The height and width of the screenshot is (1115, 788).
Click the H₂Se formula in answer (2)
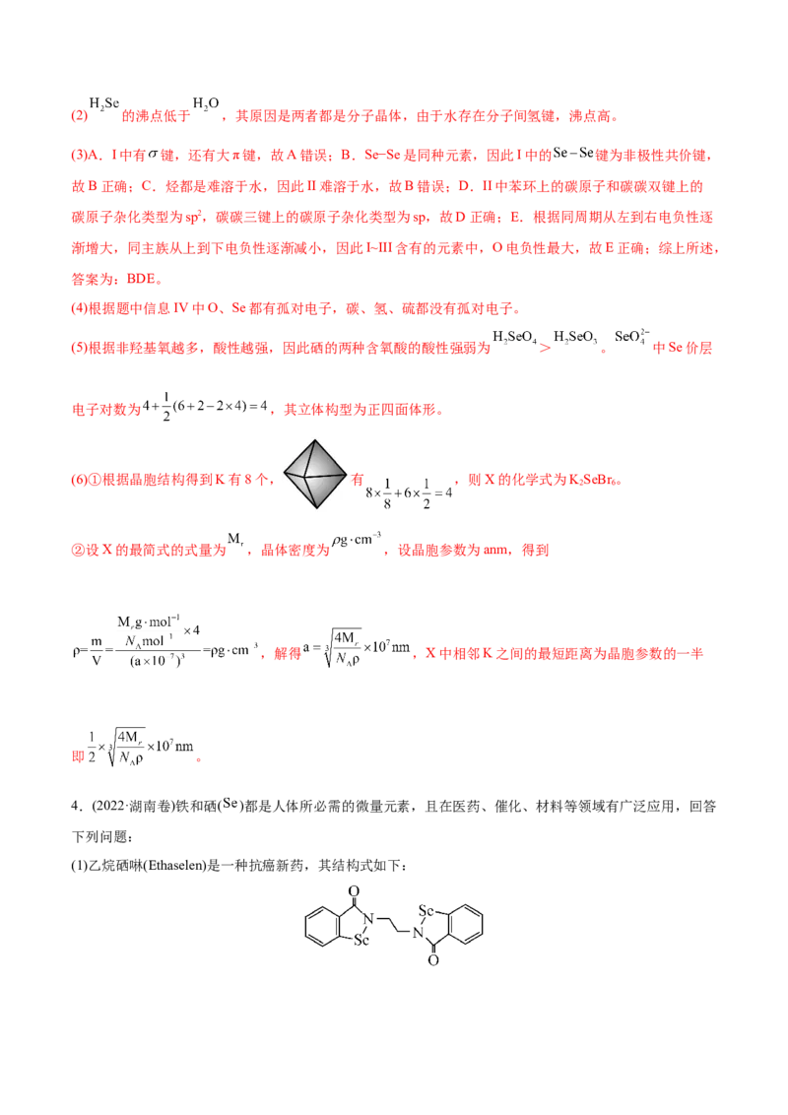(x=103, y=103)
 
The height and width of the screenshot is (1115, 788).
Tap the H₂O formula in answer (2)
(x=206, y=103)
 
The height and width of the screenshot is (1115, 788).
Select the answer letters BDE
(x=142, y=279)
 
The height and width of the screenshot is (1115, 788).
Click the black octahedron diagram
(x=314, y=474)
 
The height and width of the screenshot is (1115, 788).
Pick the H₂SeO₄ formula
(x=515, y=337)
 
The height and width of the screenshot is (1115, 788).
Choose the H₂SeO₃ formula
(x=575, y=337)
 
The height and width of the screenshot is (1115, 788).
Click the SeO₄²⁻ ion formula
(x=631, y=336)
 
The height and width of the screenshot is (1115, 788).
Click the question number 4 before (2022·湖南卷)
(x=75, y=806)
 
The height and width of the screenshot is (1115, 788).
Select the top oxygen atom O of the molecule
(x=354, y=891)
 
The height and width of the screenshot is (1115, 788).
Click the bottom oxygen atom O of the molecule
(x=433, y=960)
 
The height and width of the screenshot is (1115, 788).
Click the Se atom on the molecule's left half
(x=361, y=940)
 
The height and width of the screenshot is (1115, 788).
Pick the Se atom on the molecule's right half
(x=426, y=910)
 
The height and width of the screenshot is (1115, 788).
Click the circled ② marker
(x=78, y=551)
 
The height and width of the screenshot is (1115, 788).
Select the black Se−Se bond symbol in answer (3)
(x=573, y=153)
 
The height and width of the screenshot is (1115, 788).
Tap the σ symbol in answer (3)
(x=153, y=154)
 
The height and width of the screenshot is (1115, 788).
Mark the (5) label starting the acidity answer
(x=79, y=348)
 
